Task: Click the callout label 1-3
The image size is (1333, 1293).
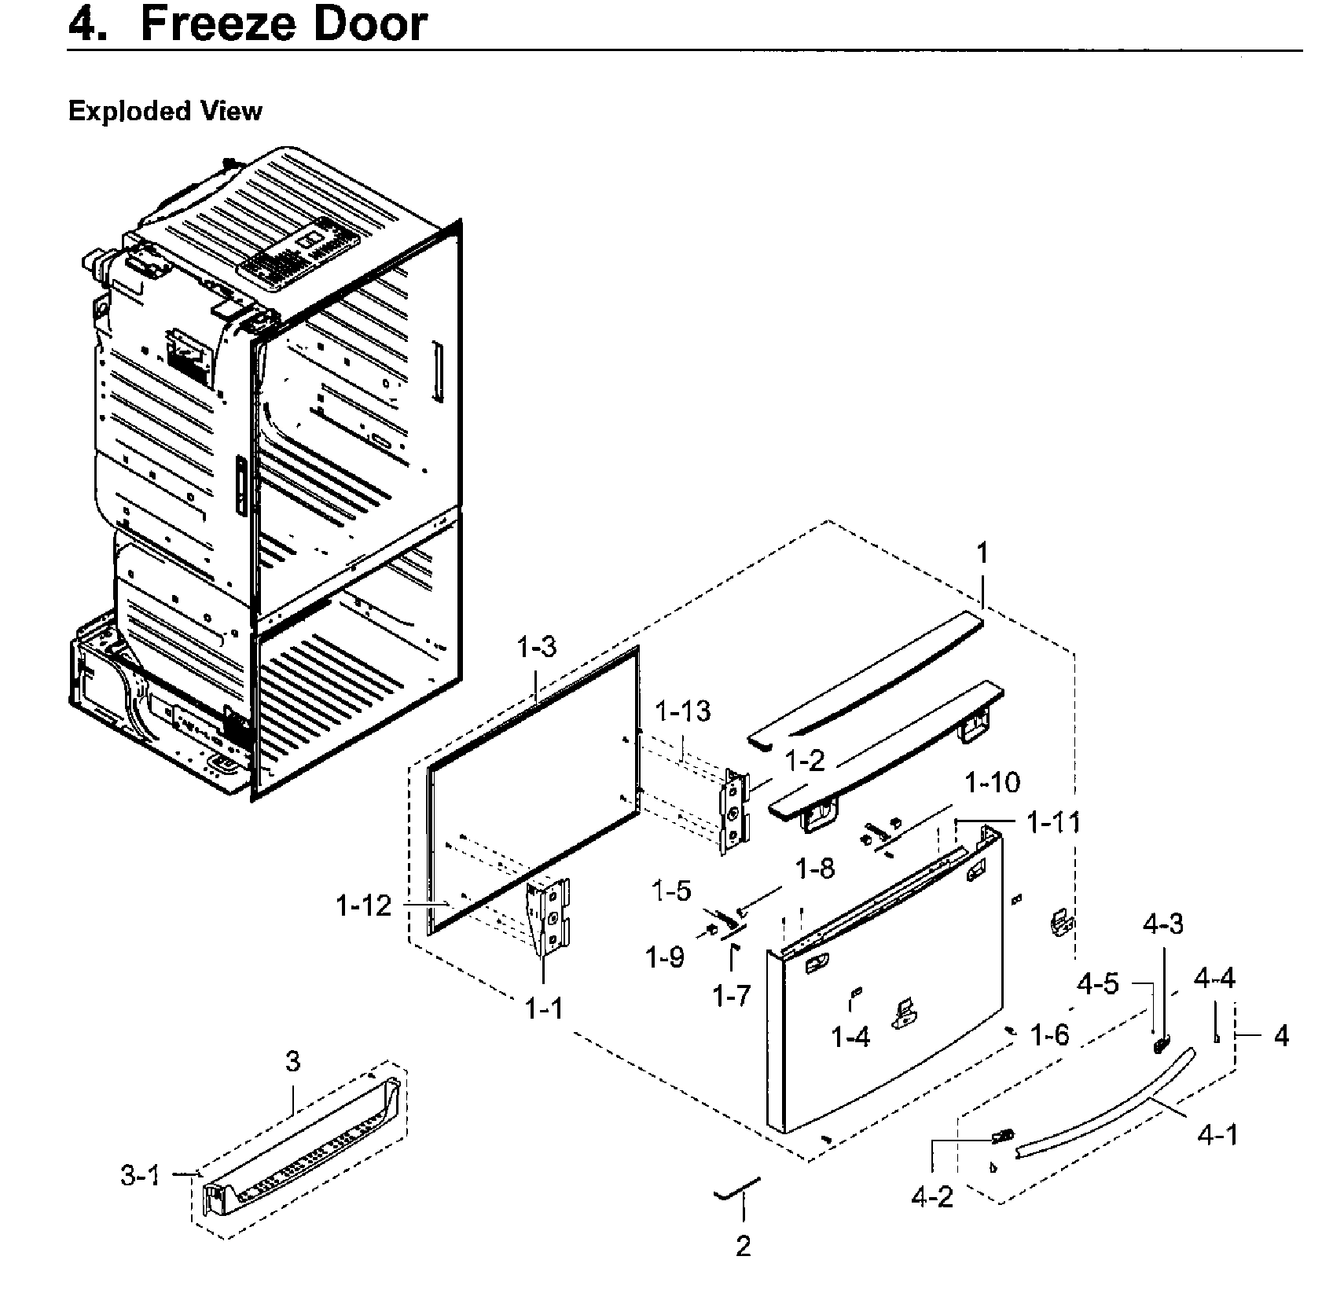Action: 537,647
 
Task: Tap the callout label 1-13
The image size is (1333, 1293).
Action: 682,711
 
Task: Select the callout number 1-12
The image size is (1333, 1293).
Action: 363,906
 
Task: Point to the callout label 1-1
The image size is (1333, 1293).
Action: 544,1008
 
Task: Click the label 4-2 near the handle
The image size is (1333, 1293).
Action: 932,1196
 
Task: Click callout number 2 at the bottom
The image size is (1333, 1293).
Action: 743,1247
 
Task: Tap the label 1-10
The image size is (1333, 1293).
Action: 993,782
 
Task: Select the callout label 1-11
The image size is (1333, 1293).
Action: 1053,823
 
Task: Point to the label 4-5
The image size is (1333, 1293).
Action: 1098,983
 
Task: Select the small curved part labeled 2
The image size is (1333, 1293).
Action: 737,1194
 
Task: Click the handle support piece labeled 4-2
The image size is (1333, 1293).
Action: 1002,1134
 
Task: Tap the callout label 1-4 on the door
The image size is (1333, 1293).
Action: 851,1038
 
